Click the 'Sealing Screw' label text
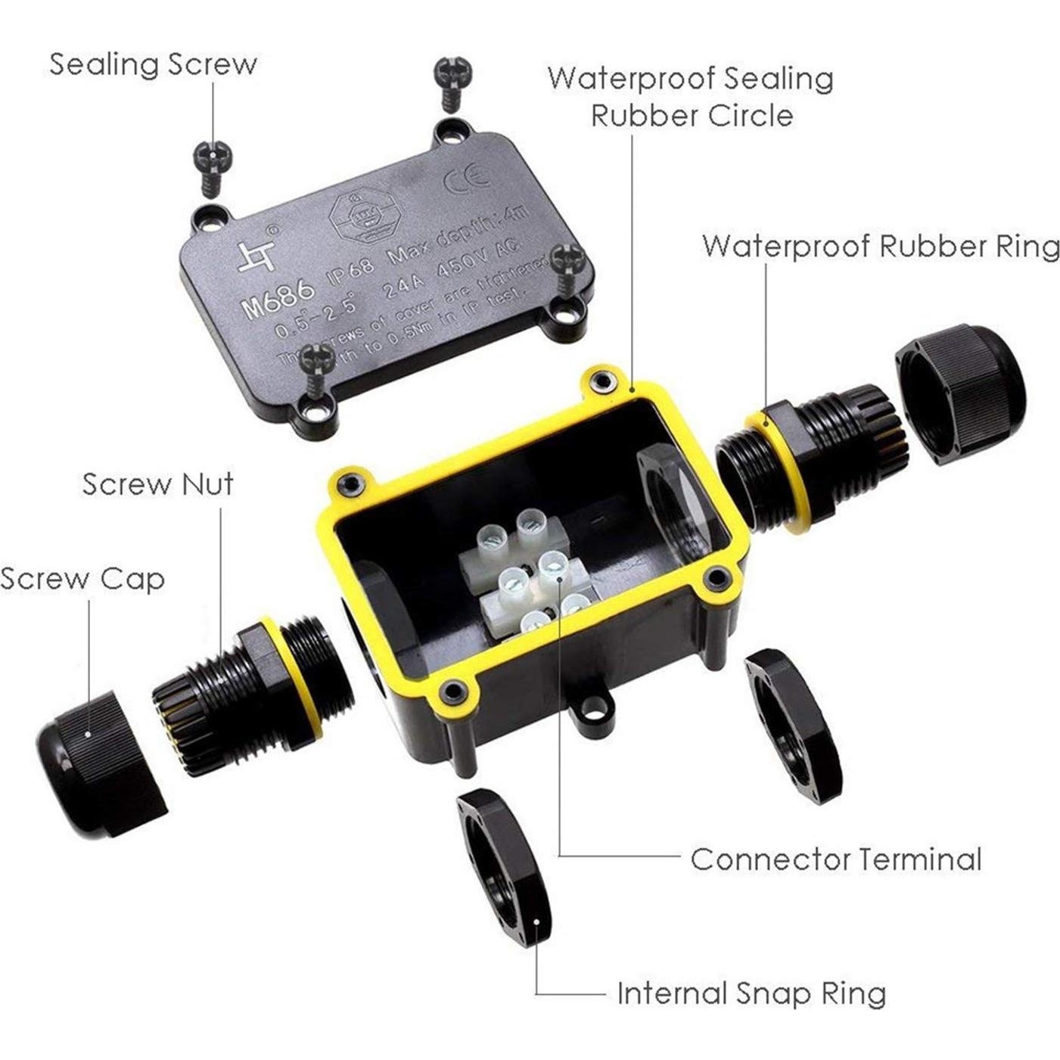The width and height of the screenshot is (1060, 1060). pos(153,64)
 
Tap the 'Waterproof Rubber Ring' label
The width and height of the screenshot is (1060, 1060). pos(881,247)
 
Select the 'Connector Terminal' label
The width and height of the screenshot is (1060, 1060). pos(835,860)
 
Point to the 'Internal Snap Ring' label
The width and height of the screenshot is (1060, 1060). pos(751,993)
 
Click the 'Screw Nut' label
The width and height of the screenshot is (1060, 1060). pos(158,484)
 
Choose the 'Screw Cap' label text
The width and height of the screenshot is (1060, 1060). pos(82,579)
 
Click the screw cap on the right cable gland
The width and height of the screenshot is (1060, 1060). pos(961,393)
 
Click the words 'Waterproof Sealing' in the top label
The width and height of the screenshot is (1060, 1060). pos(690,79)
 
